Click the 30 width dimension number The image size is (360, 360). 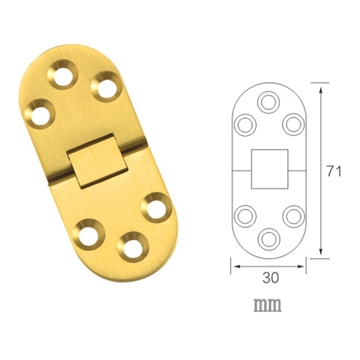[270, 278]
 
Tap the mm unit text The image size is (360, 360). [267, 305]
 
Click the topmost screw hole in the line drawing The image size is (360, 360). [269, 102]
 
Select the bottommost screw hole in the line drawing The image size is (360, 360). [269, 238]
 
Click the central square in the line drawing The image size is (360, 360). [270, 169]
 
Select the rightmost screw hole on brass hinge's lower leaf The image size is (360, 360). [156, 208]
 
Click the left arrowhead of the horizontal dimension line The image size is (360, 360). [235, 266]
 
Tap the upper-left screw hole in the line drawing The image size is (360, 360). [245, 125]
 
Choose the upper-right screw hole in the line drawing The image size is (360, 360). [293, 125]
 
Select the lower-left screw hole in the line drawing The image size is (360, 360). [245, 216]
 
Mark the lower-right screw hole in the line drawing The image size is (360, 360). [293, 216]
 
